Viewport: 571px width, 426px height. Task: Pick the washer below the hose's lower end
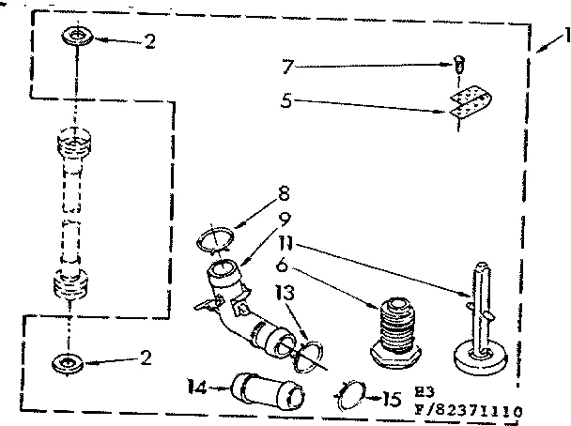click(68, 360)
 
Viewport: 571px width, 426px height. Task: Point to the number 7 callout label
click(288, 68)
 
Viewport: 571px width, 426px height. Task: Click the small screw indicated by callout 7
click(457, 65)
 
